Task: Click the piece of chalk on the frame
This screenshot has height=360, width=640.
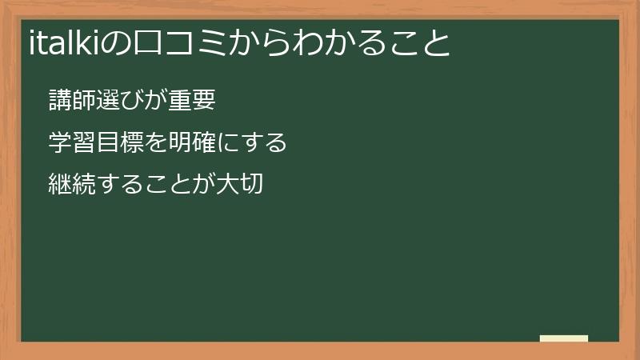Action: tap(564, 338)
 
